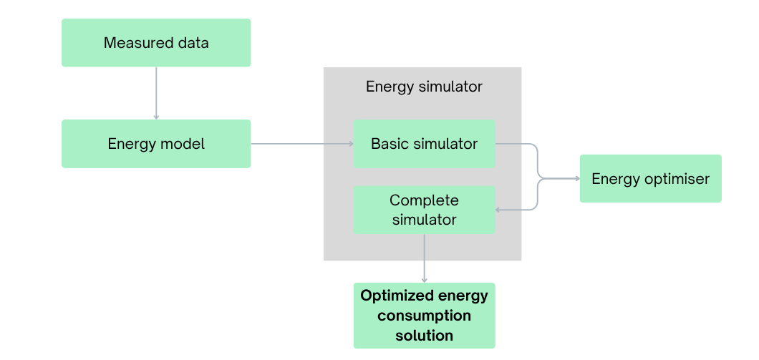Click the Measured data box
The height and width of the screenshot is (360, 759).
156,43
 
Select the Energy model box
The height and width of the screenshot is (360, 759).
156,144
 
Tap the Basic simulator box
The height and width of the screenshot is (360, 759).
424,144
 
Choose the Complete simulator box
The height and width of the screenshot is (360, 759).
424,210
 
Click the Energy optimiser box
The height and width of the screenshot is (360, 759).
650,178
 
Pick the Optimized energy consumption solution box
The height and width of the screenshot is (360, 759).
424,316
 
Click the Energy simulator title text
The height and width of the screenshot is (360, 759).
424,87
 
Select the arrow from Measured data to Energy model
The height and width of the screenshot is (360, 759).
156,93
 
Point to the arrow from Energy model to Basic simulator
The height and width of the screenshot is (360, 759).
301,144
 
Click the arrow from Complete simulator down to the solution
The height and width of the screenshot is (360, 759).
424,258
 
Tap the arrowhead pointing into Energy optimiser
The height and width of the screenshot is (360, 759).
576,177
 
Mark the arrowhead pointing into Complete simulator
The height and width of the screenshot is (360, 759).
500,210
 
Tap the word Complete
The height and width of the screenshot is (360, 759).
424,200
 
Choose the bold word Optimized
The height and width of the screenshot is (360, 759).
395,296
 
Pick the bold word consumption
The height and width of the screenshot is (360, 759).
424,316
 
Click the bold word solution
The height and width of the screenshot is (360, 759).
424,335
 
